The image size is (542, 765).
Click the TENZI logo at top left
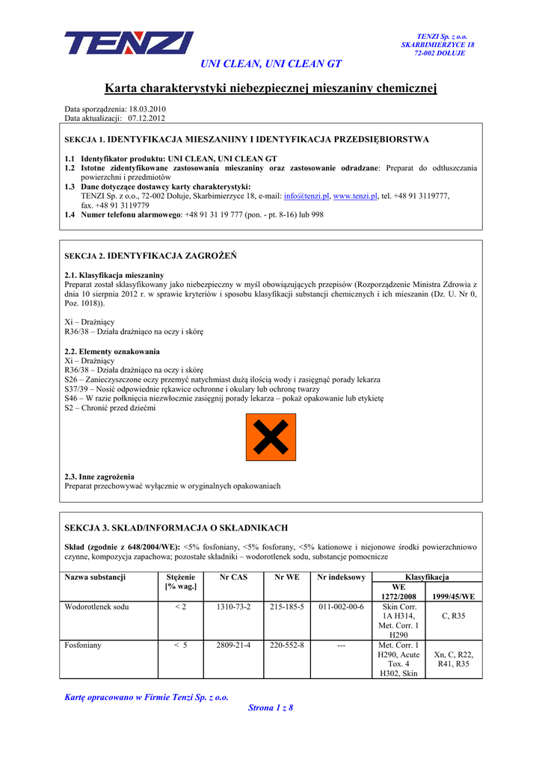(129, 43)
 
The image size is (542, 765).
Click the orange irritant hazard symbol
(271, 438)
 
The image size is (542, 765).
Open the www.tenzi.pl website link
(356, 196)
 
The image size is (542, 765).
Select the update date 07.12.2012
(147, 118)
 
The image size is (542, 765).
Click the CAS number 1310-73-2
(233, 607)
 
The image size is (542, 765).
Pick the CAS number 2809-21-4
(233, 645)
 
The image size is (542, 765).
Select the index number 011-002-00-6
(341, 607)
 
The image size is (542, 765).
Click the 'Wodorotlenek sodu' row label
(96, 607)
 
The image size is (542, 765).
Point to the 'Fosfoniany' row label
(84, 645)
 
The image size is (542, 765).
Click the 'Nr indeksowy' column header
(341, 577)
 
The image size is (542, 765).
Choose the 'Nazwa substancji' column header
(95, 577)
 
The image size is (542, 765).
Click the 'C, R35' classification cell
(454, 616)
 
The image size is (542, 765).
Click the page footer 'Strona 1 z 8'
(271, 707)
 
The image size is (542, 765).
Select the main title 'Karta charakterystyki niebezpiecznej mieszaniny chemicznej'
(271, 89)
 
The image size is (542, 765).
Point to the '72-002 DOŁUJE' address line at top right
(440, 54)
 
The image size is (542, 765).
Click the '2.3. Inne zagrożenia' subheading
(99, 477)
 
